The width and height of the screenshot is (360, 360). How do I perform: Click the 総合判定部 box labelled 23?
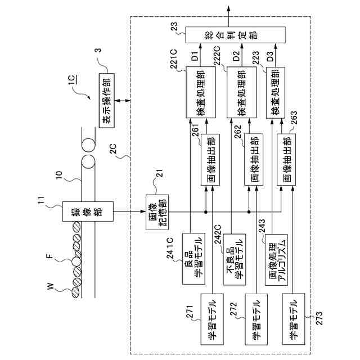click(x=235, y=35)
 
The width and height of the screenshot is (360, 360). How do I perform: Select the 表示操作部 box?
click(x=107, y=101)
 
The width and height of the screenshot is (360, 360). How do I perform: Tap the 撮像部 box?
click(x=88, y=211)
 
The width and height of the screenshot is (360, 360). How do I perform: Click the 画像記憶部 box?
click(x=157, y=212)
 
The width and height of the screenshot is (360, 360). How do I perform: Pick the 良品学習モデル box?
click(x=193, y=259)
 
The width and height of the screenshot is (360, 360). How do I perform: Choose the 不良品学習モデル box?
click(x=235, y=259)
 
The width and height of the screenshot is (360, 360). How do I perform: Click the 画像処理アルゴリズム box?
click(x=276, y=260)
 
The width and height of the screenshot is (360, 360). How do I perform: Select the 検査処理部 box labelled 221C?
click(x=201, y=92)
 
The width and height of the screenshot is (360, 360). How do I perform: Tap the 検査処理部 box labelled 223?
click(x=276, y=92)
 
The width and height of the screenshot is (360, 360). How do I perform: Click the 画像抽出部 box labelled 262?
click(x=254, y=160)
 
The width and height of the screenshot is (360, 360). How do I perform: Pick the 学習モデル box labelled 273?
click(x=294, y=319)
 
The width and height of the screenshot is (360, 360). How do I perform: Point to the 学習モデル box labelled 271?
click(x=212, y=319)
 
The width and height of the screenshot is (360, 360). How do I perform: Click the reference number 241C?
click(x=172, y=249)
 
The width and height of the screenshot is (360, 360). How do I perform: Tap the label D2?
click(x=236, y=56)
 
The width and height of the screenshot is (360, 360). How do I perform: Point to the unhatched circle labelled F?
click(x=76, y=262)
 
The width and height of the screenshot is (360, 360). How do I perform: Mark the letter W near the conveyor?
click(x=50, y=287)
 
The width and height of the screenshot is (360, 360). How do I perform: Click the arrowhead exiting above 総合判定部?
click(x=228, y=8)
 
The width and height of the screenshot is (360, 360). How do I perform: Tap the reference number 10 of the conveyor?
click(x=58, y=175)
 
